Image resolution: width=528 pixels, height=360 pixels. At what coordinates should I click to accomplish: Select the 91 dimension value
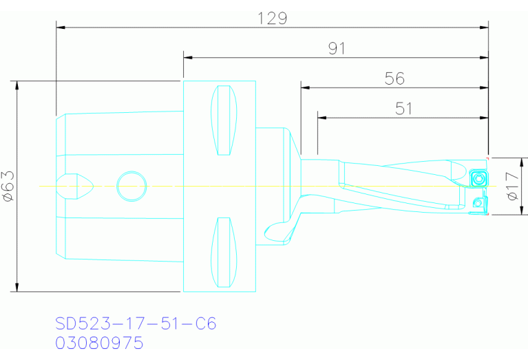(x=336, y=48)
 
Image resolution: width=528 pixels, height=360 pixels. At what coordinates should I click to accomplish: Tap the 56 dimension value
(x=394, y=78)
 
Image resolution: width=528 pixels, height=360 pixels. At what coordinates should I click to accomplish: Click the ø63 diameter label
(x=8, y=186)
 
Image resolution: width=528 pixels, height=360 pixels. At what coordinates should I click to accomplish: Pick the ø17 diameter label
(x=511, y=186)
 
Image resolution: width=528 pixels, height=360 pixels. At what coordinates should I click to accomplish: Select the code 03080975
(x=99, y=342)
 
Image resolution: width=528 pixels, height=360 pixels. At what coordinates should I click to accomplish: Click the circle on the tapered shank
(x=131, y=186)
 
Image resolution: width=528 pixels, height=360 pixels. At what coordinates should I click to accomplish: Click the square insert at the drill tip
(x=478, y=179)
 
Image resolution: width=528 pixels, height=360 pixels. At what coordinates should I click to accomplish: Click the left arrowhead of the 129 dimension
(x=59, y=28)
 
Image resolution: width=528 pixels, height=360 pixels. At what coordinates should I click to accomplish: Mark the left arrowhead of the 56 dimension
(x=305, y=88)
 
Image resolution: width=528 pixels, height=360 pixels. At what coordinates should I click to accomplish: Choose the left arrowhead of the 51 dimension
(x=321, y=118)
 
